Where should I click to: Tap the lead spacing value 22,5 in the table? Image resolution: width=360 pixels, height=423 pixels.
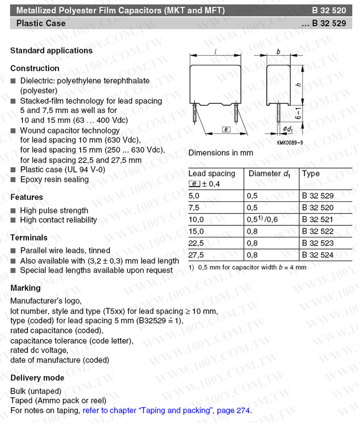coord(196,243)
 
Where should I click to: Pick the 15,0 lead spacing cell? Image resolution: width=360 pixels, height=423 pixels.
coord(196,231)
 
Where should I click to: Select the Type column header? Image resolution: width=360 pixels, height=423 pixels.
coord(311,174)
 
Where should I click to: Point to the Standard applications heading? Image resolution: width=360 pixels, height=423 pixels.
coord(51,50)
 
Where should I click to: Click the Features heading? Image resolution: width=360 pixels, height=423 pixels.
coord(27,197)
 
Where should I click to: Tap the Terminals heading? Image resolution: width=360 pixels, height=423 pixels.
coord(28,237)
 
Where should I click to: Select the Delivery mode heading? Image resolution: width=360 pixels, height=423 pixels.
coord(37,378)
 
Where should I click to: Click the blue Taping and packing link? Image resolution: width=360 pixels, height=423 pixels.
coord(166,411)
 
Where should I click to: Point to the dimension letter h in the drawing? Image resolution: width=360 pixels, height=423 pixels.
coord(298,84)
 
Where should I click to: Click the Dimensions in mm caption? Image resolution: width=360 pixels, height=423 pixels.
coord(220,153)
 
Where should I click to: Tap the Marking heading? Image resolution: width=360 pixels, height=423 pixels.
coord(25,287)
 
